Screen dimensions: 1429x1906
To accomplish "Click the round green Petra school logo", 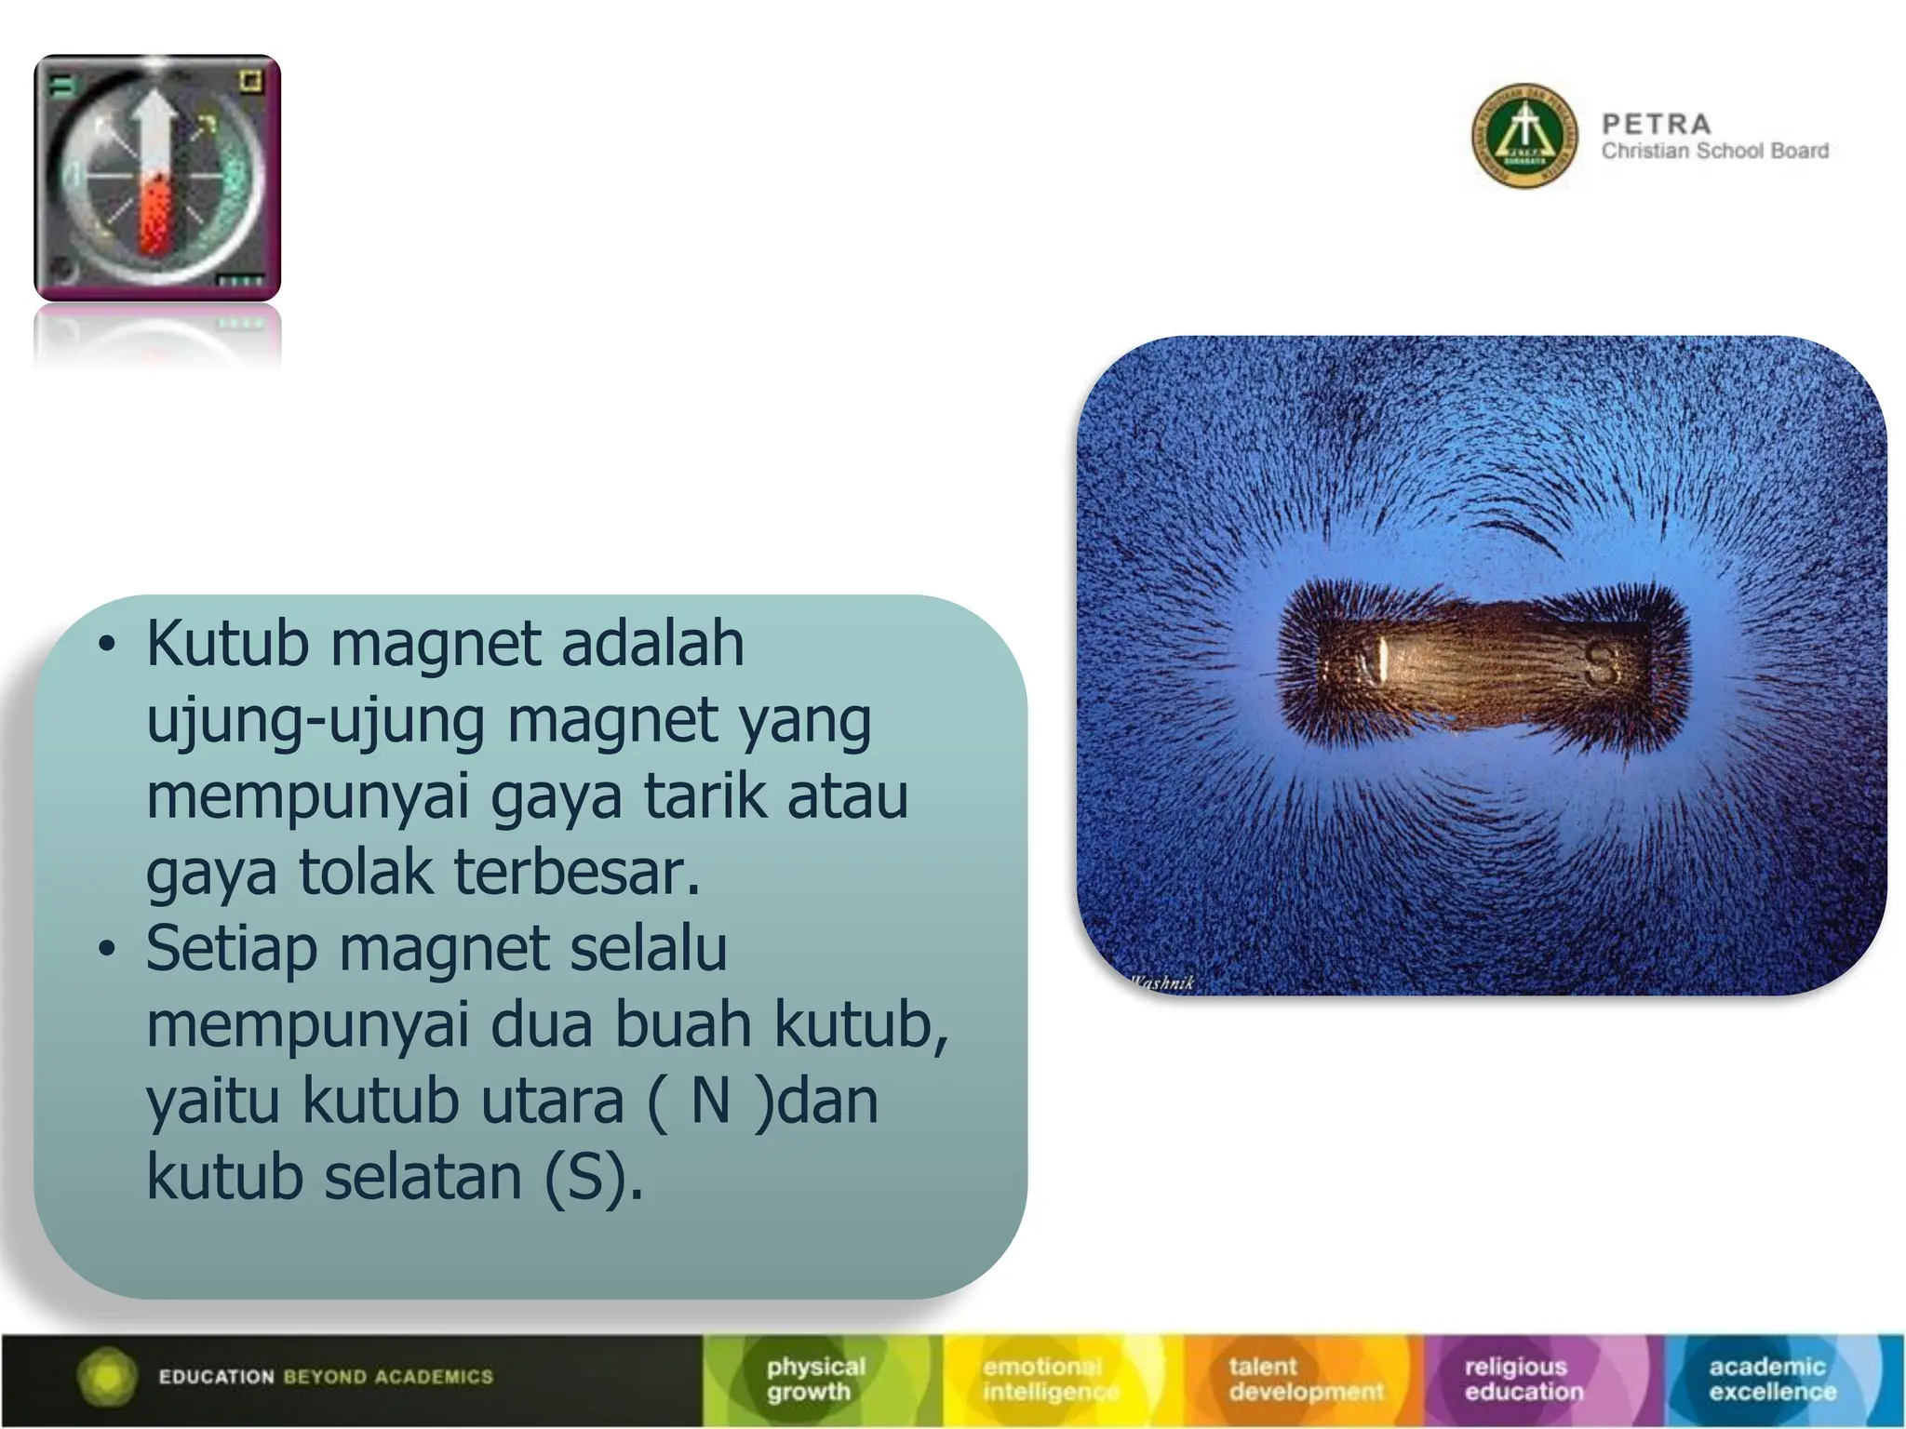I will [x=1524, y=136].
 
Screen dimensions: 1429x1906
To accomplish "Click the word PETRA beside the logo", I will [x=1656, y=124].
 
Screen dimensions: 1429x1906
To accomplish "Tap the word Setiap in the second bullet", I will [x=231, y=949].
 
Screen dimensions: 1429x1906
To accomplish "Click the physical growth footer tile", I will [x=817, y=1379].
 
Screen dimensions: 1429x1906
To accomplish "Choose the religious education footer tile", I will [x=1523, y=1379].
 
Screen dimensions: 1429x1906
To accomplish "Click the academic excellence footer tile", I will [x=1772, y=1379].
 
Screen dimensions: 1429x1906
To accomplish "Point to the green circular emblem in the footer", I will [x=108, y=1376].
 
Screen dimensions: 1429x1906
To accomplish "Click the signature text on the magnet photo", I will [x=1162, y=982].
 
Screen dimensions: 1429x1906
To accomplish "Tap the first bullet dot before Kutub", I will [x=108, y=644].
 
